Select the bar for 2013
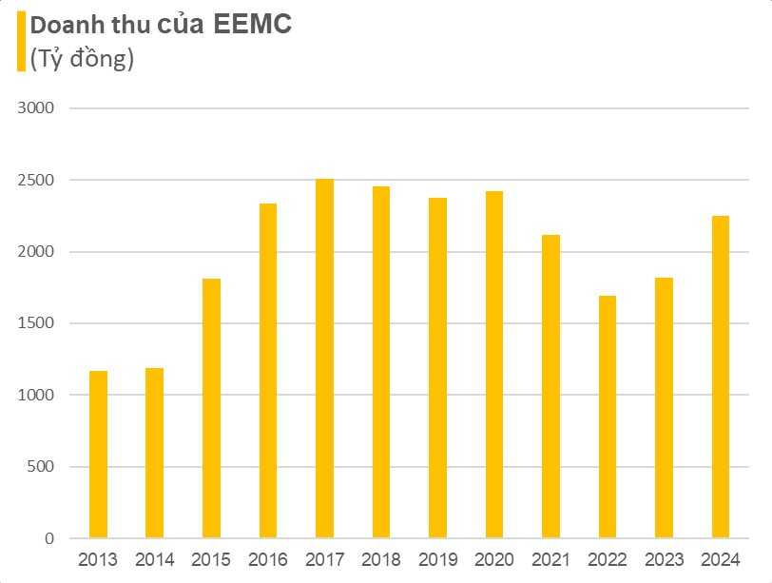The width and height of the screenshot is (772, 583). pos(98,455)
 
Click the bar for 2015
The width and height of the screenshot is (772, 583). pos(211,409)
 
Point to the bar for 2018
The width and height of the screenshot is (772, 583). pos(381,362)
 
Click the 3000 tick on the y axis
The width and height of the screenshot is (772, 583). pos(36,108)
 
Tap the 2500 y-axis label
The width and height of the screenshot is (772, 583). pos(36,181)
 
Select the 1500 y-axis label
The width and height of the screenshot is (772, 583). pos(36,324)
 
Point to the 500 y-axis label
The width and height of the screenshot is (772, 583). pos(40,467)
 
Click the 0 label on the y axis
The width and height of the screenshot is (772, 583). pos(49,539)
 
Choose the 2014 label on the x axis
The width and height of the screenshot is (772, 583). pos(154,560)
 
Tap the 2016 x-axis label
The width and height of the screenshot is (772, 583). pos(268,560)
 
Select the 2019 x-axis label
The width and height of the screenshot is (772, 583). pos(437,560)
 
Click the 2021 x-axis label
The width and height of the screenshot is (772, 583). pos(550,560)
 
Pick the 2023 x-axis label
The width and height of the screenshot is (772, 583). pos(664,560)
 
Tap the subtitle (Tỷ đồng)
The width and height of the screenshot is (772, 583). pos(82,59)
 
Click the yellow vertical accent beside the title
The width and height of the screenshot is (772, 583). pos(20,43)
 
